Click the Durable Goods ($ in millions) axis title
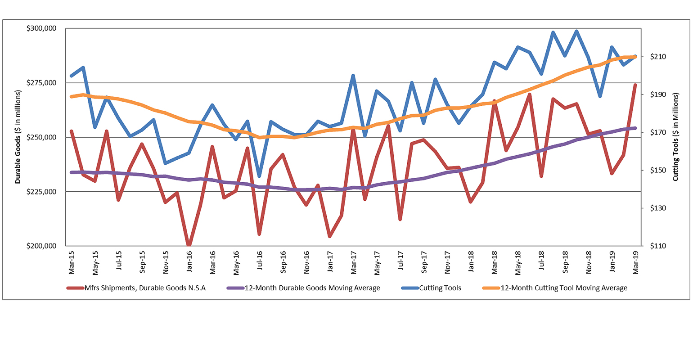click(x=18, y=137)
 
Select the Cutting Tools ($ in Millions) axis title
click(x=675, y=137)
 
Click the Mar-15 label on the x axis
click(x=72, y=263)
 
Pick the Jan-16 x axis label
click(x=189, y=263)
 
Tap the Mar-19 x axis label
click(x=635, y=263)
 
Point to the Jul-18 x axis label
click(x=541, y=263)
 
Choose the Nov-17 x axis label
click(x=447, y=263)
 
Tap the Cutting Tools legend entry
click(x=440, y=288)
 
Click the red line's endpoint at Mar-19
click(x=635, y=85)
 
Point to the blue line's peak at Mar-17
click(x=353, y=76)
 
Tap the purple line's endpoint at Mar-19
click(x=635, y=128)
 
